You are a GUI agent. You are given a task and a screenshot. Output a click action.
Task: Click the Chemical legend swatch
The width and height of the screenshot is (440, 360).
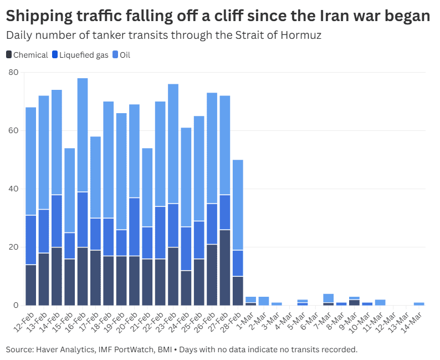9,55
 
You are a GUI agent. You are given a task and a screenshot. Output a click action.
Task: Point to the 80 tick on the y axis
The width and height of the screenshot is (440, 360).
13,72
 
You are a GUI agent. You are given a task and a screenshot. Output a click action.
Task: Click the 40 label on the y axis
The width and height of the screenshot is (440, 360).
13,189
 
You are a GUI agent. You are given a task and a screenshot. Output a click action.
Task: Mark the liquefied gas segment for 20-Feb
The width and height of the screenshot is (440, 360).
135,226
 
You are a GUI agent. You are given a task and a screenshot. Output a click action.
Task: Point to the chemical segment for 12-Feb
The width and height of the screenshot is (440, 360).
30,285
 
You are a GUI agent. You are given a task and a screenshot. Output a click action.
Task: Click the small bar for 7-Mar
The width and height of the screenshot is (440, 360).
329,298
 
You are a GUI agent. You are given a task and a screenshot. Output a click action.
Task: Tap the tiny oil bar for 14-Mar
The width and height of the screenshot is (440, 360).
420,304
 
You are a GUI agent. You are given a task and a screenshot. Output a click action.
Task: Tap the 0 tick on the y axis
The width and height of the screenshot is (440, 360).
16,305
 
